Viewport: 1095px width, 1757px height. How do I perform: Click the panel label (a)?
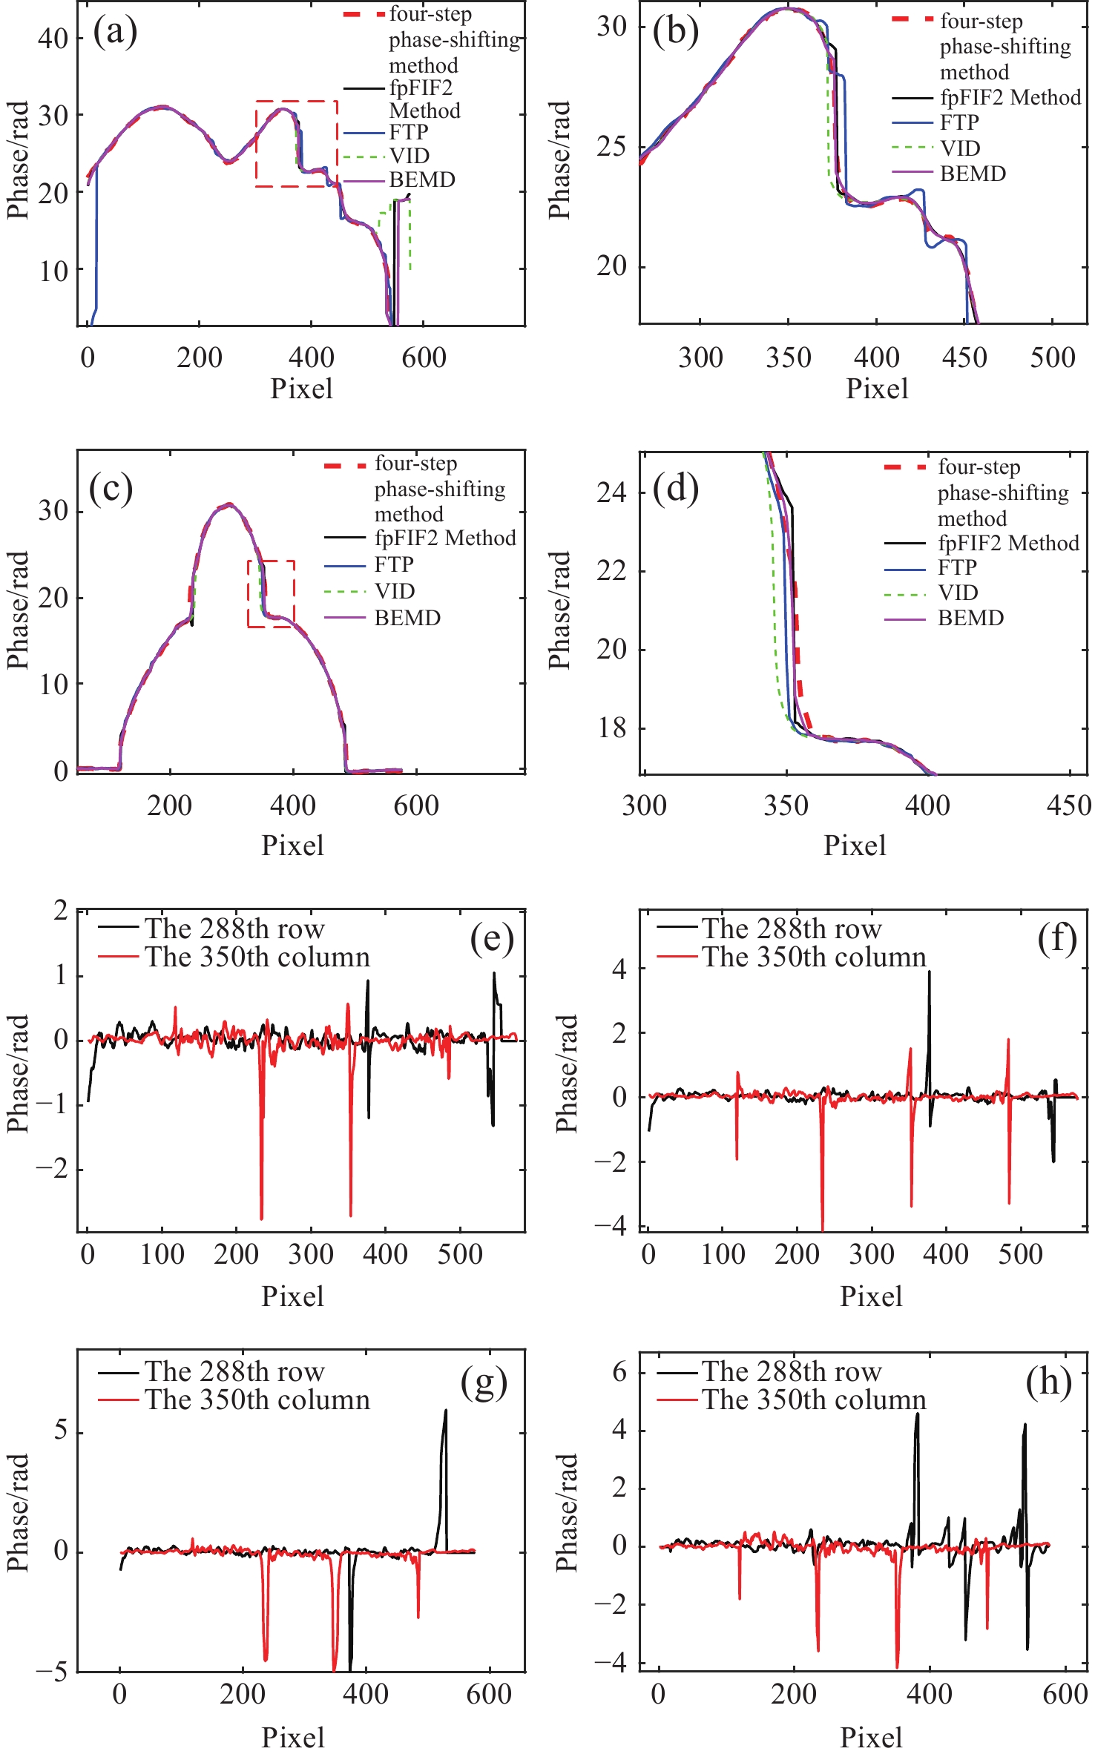click(115, 33)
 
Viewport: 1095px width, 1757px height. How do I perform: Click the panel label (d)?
click(675, 490)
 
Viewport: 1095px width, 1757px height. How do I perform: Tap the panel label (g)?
click(484, 1382)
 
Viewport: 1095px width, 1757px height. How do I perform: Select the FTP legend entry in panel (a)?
click(408, 132)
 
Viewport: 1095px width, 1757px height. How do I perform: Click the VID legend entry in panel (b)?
click(960, 148)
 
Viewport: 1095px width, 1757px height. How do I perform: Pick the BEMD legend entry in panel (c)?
click(407, 618)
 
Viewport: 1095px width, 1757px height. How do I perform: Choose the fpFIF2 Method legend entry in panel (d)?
click(1007, 543)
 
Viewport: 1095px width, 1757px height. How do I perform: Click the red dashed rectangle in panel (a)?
click(297, 143)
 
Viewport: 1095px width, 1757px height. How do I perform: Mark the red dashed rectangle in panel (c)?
click(271, 594)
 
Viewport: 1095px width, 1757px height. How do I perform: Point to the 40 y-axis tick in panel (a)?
click(53, 39)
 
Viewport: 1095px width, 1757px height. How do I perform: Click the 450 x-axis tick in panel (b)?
click(964, 358)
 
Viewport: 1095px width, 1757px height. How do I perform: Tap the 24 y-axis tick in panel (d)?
click(611, 492)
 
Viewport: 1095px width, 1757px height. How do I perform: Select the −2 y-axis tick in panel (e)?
click(51, 1170)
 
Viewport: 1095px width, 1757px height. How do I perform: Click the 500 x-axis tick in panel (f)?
click(1021, 1254)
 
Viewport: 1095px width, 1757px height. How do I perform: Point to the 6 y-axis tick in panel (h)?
click(619, 1371)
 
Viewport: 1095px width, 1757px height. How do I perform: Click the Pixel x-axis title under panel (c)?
click(292, 845)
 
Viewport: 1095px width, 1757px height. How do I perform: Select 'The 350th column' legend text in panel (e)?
click(257, 957)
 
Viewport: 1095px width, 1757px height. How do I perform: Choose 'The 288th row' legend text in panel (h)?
click(792, 1371)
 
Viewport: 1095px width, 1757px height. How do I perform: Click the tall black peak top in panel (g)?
click(446, 1411)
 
